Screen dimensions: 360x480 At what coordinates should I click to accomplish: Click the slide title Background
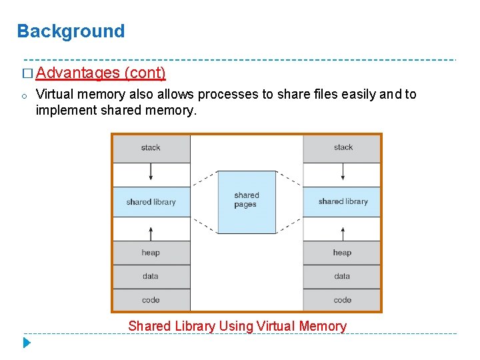[71, 31]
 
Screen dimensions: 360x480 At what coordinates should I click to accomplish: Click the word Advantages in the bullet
[78, 72]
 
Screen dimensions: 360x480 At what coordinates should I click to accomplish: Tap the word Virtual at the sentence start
[55, 94]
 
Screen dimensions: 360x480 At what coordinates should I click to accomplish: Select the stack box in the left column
[151, 148]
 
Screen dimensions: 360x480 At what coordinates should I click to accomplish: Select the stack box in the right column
[343, 148]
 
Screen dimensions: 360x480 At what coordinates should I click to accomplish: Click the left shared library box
[151, 201]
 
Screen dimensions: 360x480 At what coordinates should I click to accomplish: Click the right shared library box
[343, 201]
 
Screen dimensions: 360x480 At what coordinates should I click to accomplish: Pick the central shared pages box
[246, 201]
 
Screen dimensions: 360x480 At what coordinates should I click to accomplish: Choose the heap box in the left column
[151, 253]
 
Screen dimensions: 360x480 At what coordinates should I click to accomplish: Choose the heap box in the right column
[343, 253]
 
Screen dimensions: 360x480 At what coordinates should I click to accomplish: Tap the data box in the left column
[151, 276]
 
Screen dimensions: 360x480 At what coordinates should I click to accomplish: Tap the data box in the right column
[343, 276]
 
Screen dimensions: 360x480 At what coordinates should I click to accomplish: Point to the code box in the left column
[151, 299]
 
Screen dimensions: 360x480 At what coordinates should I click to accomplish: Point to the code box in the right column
[343, 299]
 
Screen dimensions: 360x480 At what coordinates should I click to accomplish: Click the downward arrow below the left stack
[151, 171]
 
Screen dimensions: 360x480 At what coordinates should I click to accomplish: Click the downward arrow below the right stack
[343, 171]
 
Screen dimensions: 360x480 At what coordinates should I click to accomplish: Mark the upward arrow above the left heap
[151, 233]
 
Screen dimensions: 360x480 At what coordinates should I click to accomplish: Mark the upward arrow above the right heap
[343, 233]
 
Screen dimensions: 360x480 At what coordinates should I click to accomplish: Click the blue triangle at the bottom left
[27, 343]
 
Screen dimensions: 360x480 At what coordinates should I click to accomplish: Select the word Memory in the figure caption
[323, 326]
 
